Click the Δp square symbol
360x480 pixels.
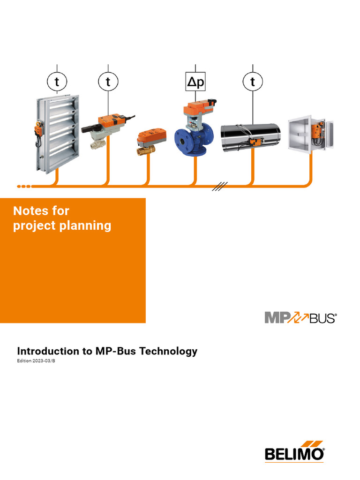tap(195, 82)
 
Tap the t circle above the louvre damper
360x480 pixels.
tap(57, 82)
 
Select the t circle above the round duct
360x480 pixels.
tap(253, 82)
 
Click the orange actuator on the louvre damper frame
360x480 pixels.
tap(37, 127)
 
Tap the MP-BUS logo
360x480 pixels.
tap(300, 318)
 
